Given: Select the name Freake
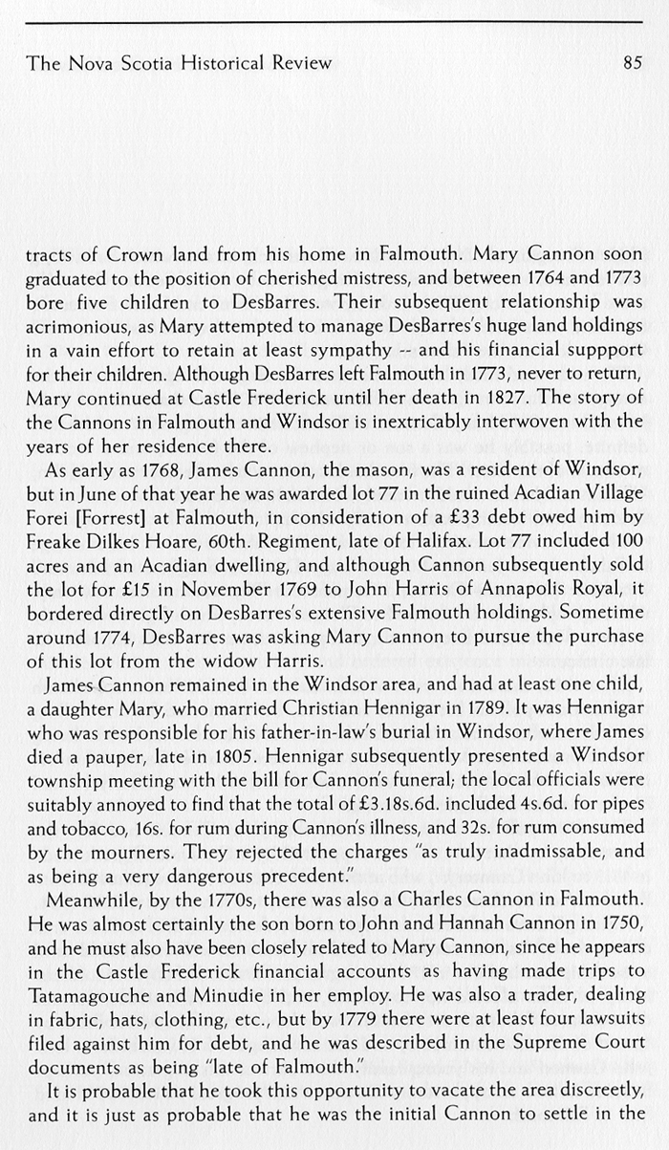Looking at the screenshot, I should (52, 534).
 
